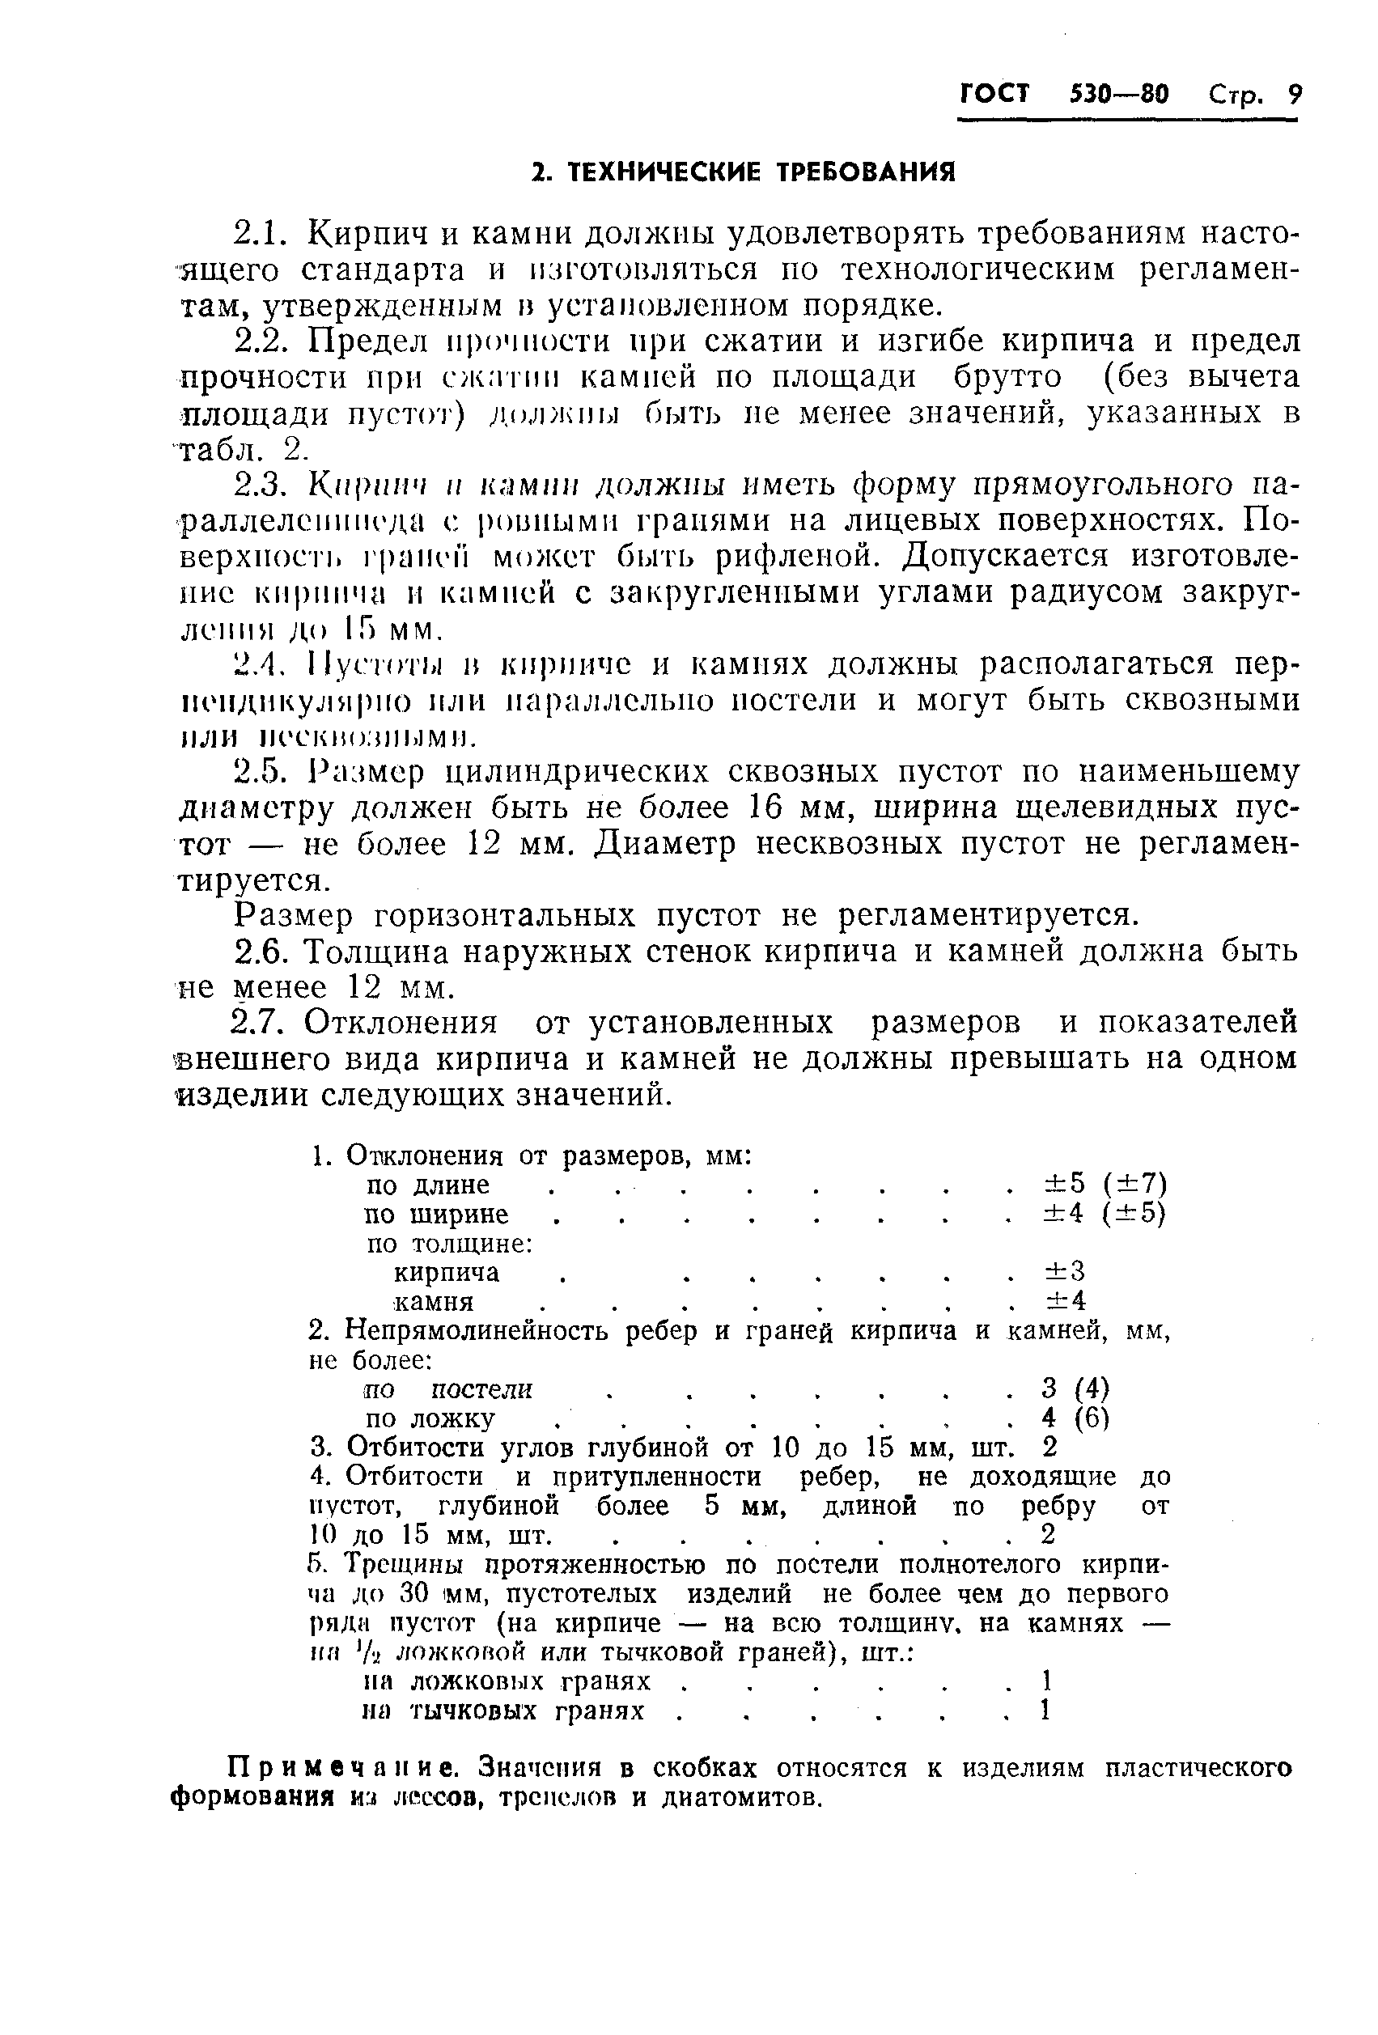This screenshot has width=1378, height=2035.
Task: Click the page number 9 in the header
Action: pyautogui.click(x=1293, y=93)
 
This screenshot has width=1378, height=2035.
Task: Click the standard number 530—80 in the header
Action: pyautogui.click(x=1119, y=94)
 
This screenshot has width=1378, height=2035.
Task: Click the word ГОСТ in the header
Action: pyautogui.click(x=994, y=93)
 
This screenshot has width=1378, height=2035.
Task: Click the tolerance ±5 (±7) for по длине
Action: pyautogui.click(x=1104, y=1184)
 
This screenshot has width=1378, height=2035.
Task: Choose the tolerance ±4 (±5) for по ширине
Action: pyautogui.click(x=1104, y=1214)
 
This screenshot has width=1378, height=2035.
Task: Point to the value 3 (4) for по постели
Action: pyautogui.click(x=1075, y=1388)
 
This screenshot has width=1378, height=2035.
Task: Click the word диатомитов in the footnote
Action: pyautogui.click(x=744, y=1798)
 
